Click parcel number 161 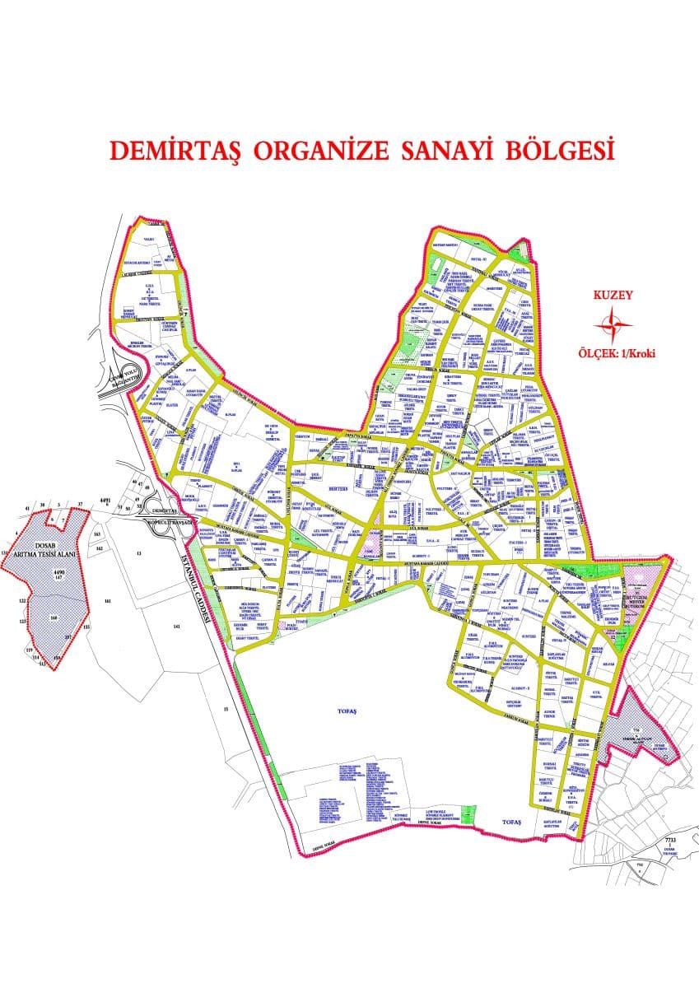click(107, 602)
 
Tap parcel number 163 click(96, 534)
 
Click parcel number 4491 click(105, 500)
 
